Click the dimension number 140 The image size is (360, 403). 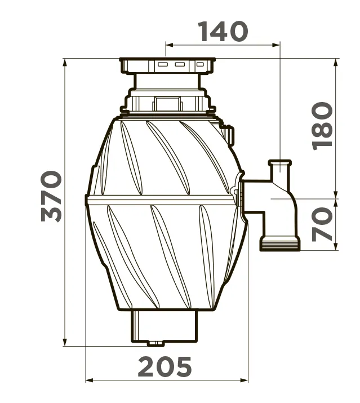(x=224, y=32)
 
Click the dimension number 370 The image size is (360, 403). (x=51, y=196)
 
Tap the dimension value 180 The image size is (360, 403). (x=322, y=126)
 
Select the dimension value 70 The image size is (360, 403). (x=322, y=224)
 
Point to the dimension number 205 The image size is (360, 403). (x=165, y=366)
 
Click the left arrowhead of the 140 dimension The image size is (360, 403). (x=170, y=45)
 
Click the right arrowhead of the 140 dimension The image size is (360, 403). (x=275, y=45)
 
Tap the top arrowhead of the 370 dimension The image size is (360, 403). (x=65, y=63)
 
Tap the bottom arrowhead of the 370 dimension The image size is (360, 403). (x=65, y=342)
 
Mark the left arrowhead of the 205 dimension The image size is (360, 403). (x=89, y=380)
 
